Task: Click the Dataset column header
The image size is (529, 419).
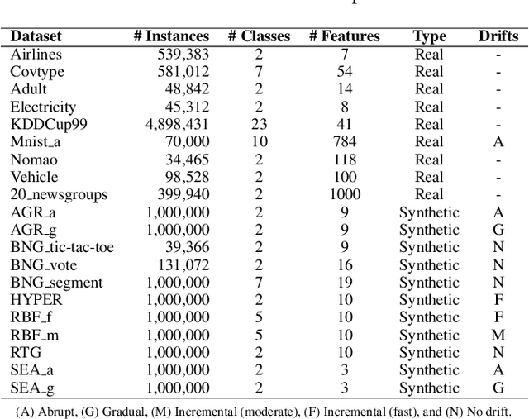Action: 36,36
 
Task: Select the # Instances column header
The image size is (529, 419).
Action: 171,36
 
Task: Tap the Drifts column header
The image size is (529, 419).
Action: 498,36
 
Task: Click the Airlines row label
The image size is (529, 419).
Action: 36,55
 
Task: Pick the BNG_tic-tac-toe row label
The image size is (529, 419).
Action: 62,247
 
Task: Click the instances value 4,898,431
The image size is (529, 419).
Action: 177,124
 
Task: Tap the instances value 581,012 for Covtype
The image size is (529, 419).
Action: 183,72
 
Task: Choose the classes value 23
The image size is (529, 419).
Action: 259,124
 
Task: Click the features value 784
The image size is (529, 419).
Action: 344,142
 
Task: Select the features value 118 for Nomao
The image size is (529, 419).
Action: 344,160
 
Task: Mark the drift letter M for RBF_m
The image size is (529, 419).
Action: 498,335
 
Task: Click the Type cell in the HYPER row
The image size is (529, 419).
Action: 429,300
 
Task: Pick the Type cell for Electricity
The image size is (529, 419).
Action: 429,107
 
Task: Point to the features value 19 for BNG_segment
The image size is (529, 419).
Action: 344,283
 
